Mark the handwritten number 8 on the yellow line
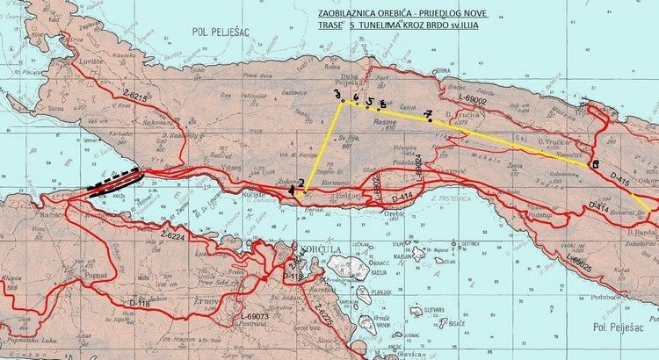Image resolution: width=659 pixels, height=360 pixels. pyautogui.click(x=595, y=164)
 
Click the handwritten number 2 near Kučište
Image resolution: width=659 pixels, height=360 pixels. pyautogui.click(x=301, y=183)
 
